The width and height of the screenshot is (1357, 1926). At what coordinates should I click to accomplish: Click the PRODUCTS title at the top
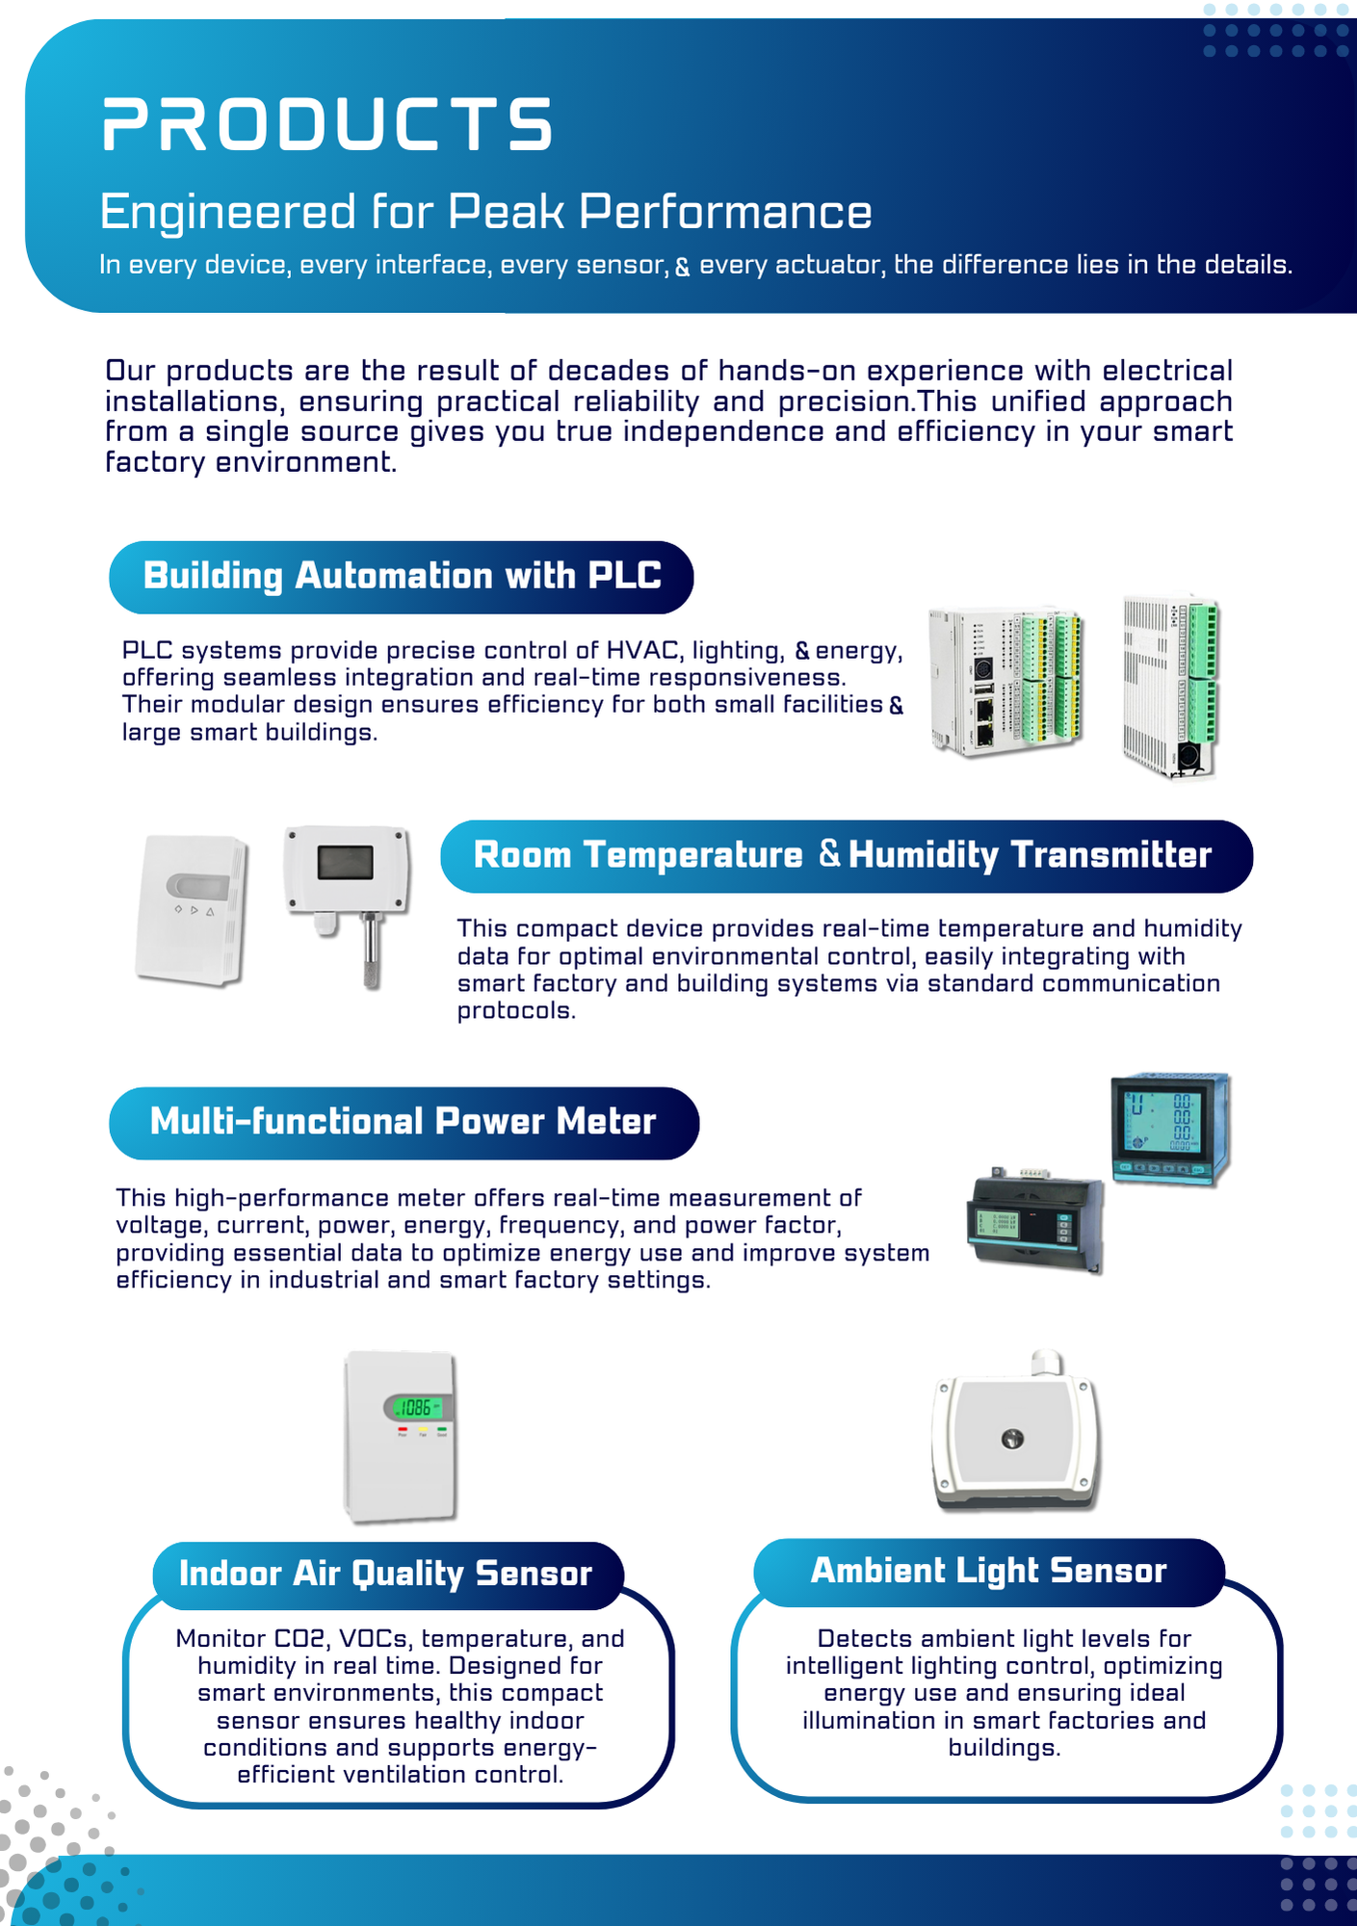(x=327, y=124)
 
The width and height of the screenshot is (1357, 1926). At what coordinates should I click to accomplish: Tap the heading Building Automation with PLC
(x=402, y=576)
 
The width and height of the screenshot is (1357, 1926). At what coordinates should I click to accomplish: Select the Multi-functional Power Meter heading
(x=403, y=1122)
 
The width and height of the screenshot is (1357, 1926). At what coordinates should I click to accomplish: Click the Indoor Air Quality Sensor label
(x=385, y=1574)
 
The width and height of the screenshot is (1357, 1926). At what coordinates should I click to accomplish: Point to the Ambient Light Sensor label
(x=988, y=1571)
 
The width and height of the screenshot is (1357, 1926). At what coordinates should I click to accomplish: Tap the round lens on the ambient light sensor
(x=1011, y=1439)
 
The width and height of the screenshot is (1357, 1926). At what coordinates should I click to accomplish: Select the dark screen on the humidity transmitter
(x=345, y=862)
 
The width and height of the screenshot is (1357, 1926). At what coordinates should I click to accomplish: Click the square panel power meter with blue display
(x=1171, y=1129)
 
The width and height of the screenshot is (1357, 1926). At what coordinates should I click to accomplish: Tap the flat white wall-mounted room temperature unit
(x=192, y=910)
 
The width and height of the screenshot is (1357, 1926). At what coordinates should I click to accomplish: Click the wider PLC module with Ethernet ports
(x=1005, y=682)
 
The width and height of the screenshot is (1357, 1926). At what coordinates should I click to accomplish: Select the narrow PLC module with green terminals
(x=1169, y=687)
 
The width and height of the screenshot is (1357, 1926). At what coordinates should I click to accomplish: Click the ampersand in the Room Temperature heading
(x=829, y=853)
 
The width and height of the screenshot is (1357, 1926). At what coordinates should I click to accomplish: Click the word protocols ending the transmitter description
(x=516, y=1011)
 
